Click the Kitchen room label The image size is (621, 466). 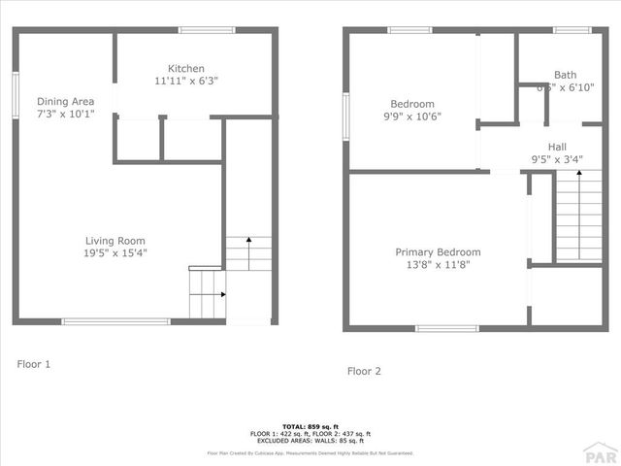point(186,69)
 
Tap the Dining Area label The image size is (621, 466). point(65,101)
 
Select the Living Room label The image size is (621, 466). point(115,241)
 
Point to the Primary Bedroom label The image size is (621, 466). point(438,252)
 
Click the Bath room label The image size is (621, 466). point(565,75)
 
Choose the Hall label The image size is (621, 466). point(557,147)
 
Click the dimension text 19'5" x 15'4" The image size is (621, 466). point(115,253)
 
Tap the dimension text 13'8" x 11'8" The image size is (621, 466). point(438,265)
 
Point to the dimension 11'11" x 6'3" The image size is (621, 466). point(186,82)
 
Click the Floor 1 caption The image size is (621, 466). point(33,364)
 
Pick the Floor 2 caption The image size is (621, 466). point(364,371)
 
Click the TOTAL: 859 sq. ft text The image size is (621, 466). point(310,426)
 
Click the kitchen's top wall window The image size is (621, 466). point(207,30)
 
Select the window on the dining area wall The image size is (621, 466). point(16,95)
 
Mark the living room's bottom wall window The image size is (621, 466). point(115,321)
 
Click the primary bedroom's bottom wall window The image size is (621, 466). point(446,328)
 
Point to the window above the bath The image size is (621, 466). point(572,30)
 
